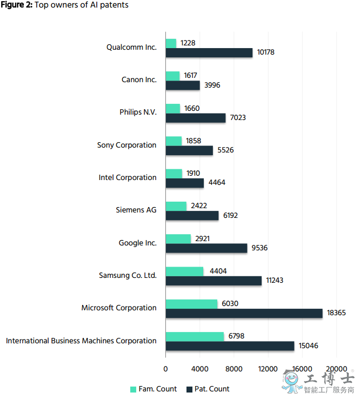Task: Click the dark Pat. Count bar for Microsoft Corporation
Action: pyautogui.click(x=244, y=314)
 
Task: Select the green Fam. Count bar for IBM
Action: pyautogui.click(x=195, y=336)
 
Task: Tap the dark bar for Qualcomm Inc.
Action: pyautogui.click(x=209, y=52)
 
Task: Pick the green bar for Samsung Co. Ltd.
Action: pyautogui.click(x=184, y=271)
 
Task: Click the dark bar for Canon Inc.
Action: pyautogui.click(x=183, y=85)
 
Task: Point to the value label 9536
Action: pyautogui.click(x=258, y=248)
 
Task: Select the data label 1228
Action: pyautogui.click(x=188, y=43)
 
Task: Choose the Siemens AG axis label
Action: pyautogui.click(x=136, y=210)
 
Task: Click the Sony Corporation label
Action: pyautogui.click(x=127, y=145)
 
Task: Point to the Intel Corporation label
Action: pyautogui.click(x=128, y=177)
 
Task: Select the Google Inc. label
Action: pyautogui.click(x=138, y=243)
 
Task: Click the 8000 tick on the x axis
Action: pyautogui.click(x=234, y=369)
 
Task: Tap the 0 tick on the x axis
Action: pyautogui.click(x=165, y=369)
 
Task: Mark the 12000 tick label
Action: pyautogui.click(x=268, y=369)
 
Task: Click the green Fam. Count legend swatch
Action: pyautogui.click(x=133, y=389)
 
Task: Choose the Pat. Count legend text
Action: pyautogui.click(x=212, y=389)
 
